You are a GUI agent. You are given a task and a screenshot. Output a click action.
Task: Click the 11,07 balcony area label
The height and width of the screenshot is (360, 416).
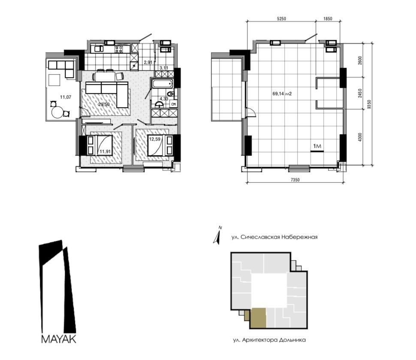click(66, 97)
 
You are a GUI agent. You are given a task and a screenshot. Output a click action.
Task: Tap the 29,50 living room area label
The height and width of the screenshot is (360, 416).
click(104, 105)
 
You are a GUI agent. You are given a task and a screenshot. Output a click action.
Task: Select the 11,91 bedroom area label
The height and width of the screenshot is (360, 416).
click(105, 152)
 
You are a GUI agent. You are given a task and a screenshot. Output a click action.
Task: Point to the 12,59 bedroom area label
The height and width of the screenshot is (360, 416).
click(155, 139)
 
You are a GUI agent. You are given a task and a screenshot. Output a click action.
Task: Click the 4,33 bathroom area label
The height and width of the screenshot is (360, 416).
click(164, 99)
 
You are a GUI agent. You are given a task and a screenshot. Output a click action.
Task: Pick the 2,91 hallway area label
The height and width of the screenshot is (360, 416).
click(148, 63)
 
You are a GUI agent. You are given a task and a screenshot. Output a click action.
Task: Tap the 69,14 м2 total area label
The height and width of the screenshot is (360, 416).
click(282, 93)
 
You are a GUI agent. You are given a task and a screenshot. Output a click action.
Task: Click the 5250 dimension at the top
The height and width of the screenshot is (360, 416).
click(281, 18)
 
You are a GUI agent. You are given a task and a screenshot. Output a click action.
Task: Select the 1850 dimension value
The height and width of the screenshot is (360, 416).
click(328, 18)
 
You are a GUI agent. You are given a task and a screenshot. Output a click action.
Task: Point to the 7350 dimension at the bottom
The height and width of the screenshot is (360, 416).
click(295, 180)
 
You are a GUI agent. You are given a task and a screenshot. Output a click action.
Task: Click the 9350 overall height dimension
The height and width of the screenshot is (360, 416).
click(368, 105)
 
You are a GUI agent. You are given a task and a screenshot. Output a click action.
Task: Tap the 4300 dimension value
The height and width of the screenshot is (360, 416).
click(359, 137)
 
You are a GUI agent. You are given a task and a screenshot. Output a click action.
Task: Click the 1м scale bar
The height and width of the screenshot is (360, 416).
click(317, 151)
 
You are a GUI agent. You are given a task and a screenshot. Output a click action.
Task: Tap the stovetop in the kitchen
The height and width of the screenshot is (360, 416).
click(119, 49)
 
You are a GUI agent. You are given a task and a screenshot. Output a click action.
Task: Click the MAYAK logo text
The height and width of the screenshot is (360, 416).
click(59, 339)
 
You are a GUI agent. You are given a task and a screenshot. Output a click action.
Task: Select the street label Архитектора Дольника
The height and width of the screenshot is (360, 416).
click(269, 340)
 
